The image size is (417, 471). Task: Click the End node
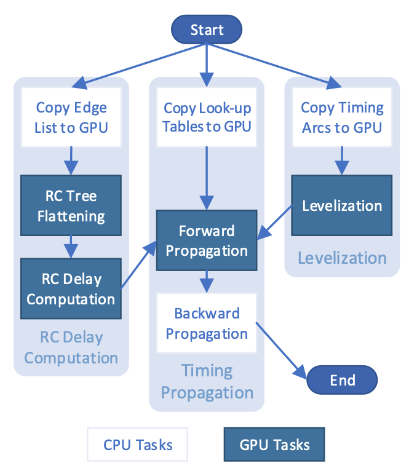click(x=342, y=380)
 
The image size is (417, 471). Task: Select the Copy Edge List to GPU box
click(x=71, y=117)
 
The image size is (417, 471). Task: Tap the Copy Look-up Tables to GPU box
click(x=207, y=117)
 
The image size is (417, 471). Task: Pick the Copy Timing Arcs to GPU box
click(x=342, y=117)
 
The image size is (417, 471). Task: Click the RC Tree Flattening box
click(x=71, y=206)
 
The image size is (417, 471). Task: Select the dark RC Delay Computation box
click(x=71, y=289)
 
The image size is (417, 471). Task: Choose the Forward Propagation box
click(x=207, y=240)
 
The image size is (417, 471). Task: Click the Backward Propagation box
click(x=207, y=323)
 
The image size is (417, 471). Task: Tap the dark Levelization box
click(x=342, y=205)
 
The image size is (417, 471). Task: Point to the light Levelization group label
click(x=342, y=258)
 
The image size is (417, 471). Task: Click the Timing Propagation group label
click(x=207, y=381)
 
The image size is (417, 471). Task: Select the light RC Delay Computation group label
click(x=71, y=347)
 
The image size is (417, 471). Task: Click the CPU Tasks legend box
click(x=138, y=445)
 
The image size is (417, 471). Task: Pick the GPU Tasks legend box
click(x=274, y=445)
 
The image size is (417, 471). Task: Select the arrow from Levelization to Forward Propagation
click(x=274, y=223)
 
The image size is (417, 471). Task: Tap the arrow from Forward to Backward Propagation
click(x=207, y=281)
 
